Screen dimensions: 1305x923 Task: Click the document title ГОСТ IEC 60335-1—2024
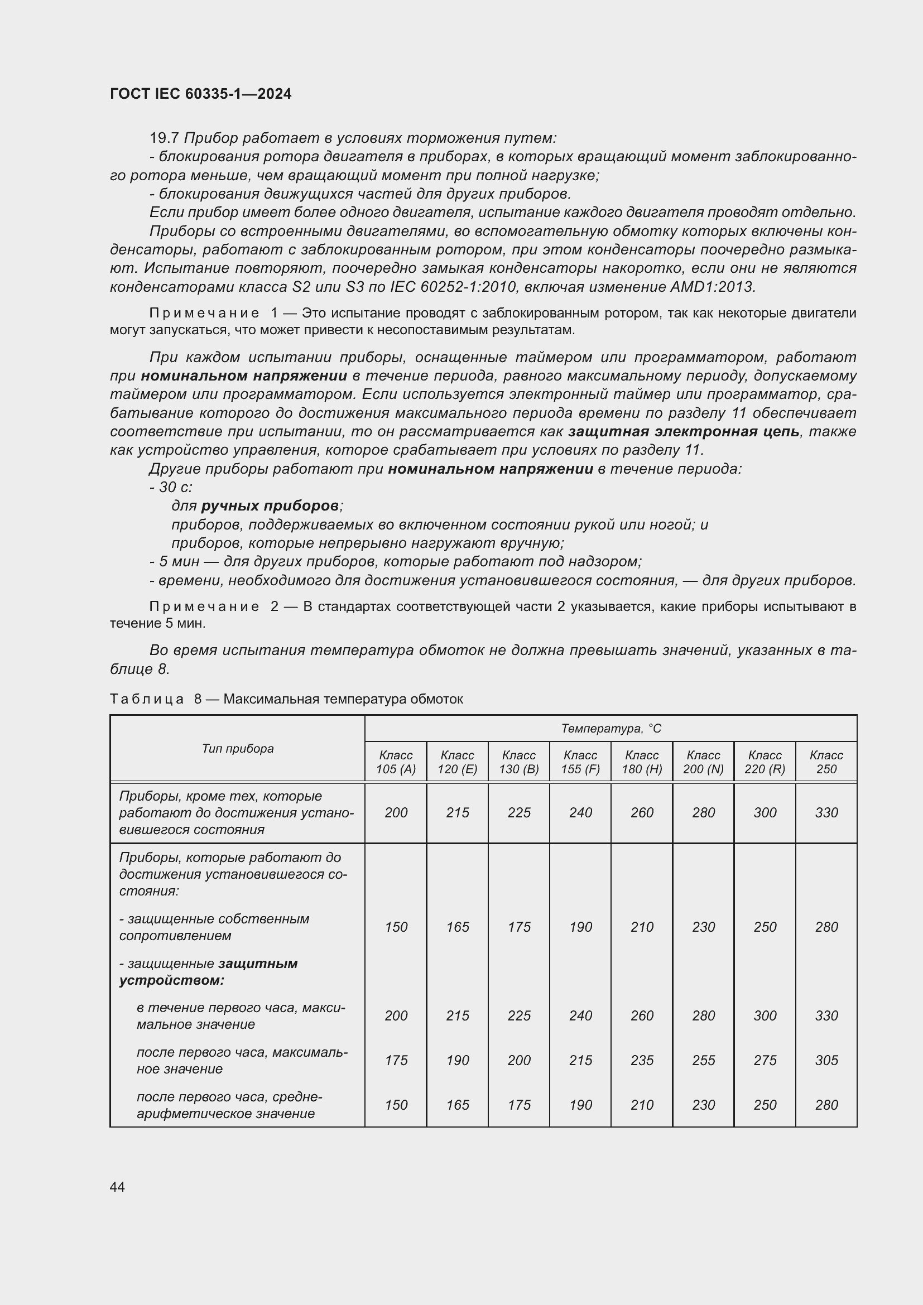point(201,94)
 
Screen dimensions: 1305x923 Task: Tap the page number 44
point(117,1187)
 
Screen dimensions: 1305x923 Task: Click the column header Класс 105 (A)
point(396,762)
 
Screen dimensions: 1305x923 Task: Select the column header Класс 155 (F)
point(580,762)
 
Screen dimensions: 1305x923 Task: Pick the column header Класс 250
point(826,762)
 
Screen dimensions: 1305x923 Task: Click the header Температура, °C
point(611,728)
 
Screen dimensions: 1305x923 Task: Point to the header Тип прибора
point(238,748)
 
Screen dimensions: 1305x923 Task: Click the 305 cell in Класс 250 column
point(826,1060)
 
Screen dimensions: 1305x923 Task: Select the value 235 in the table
point(642,1060)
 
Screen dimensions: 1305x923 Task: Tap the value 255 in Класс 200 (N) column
point(703,1060)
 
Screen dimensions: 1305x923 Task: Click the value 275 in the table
point(765,1060)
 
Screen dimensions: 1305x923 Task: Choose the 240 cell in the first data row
point(580,812)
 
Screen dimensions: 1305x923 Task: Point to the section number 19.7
point(164,138)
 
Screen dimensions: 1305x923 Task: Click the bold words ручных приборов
point(270,505)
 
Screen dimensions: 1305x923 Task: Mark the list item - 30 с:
point(171,487)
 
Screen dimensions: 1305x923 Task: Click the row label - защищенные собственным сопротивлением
point(214,927)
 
